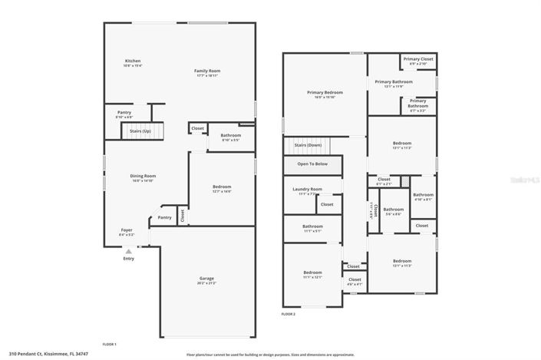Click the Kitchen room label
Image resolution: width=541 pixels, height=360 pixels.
133,61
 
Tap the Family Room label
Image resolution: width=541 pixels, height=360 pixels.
207,71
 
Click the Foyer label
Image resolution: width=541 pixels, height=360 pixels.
126,230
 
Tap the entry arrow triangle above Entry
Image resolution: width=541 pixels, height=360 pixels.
128,251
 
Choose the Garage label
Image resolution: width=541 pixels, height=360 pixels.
207,278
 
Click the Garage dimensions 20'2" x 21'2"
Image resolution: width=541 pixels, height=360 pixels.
207,283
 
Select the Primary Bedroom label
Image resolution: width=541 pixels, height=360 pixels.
325,92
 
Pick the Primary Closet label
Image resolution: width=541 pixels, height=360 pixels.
418,58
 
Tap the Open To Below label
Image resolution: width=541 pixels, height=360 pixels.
312,163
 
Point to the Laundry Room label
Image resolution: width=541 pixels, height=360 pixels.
307,189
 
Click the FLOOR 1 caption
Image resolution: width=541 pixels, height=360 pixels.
110,344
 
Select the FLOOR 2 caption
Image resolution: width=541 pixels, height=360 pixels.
289,315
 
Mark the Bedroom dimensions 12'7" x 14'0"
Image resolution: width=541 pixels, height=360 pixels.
222,192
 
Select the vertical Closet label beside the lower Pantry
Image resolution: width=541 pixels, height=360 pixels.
183,216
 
